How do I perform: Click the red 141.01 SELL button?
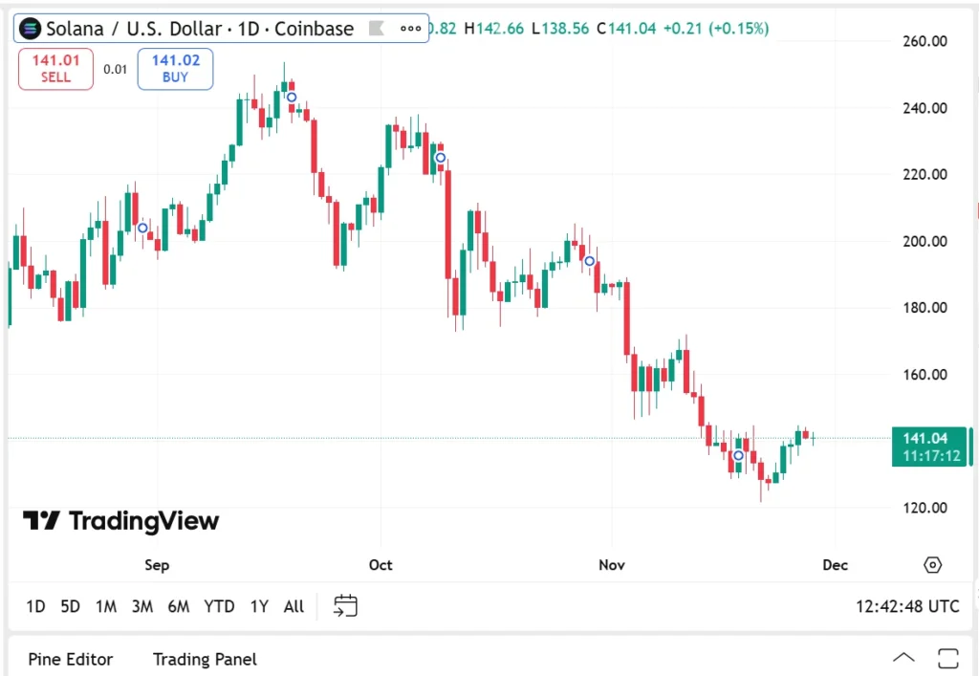[55, 69]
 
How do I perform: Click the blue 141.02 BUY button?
[175, 69]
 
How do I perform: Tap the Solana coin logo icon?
[30, 28]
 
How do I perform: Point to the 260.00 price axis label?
[925, 41]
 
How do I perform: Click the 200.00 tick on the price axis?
[925, 241]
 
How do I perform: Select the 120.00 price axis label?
[925, 508]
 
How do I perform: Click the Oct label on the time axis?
[381, 565]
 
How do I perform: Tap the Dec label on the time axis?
[835, 565]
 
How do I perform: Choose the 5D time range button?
[70, 606]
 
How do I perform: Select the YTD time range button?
[219, 606]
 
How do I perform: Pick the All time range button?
[294, 606]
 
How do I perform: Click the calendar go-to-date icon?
[345, 605]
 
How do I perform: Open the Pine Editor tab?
[71, 659]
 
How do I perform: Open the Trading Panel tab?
[205, 659]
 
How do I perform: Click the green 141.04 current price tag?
[929, 447]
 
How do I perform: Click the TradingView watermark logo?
[121, 520]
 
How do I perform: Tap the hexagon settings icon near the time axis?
[932, 565]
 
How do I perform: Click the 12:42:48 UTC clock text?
[907, 606]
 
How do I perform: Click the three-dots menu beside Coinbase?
[410, 28]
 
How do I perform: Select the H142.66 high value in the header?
[494, 28]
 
